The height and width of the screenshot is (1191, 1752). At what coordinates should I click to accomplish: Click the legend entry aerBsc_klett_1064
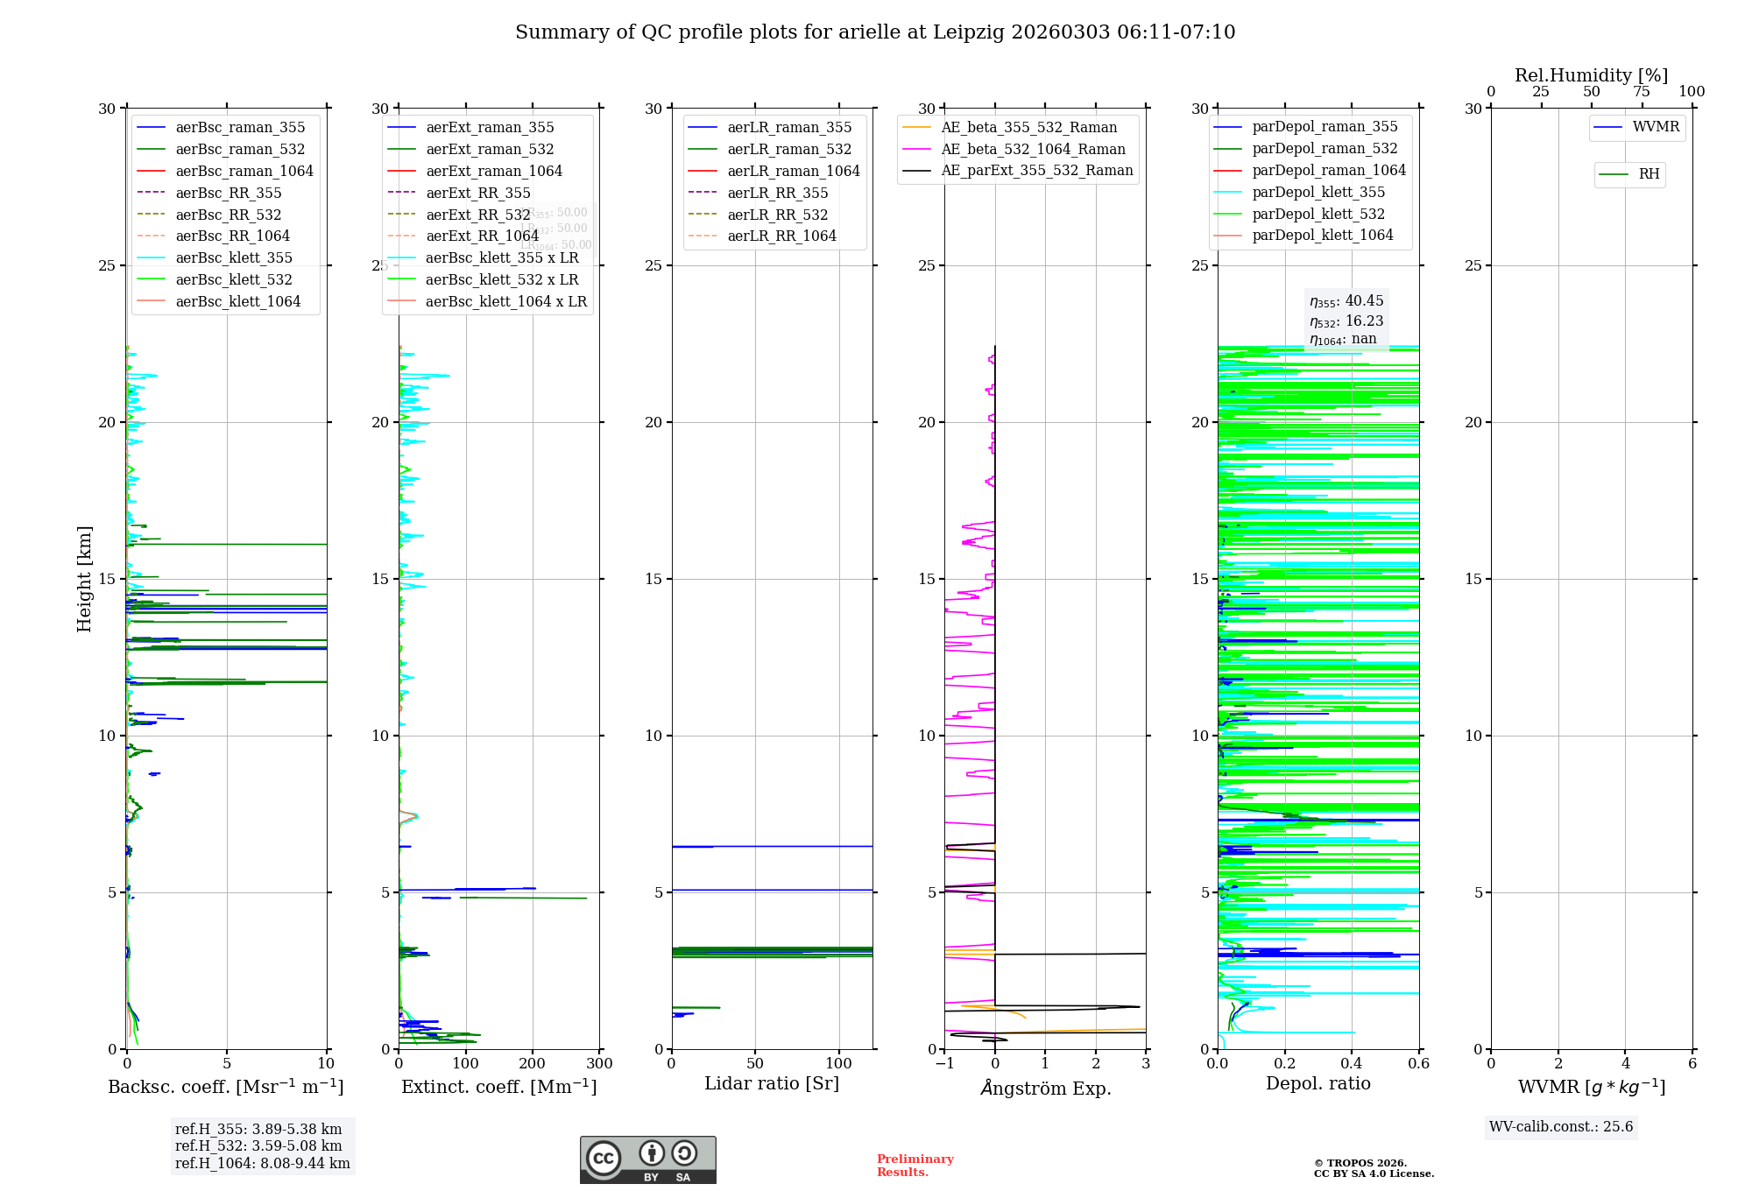click(237, 301)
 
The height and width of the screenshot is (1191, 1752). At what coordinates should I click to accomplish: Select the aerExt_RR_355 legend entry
click(477, 193)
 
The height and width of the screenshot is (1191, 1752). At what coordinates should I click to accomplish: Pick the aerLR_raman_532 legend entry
click(789, 149)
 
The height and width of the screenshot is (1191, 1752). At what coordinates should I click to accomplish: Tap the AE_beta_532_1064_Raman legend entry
click(1033, 149)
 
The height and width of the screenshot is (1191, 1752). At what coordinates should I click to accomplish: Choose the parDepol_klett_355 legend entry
click(1318, 192)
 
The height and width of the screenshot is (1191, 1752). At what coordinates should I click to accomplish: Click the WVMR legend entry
click(1656, 127)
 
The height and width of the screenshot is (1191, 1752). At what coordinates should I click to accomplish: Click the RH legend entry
click(1649, 174)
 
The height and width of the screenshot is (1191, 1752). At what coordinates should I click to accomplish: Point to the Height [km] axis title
click(84, 578)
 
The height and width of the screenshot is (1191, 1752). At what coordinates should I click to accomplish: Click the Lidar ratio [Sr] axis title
click(772, 1083)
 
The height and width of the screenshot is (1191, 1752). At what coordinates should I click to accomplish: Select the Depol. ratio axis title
click(1318, 1083)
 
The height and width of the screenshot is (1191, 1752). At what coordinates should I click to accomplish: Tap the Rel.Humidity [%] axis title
click(1591, 75)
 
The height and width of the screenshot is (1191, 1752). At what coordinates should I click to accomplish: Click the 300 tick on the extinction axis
click(600, 1063)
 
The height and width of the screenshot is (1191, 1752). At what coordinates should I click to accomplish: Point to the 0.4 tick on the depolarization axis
click(1352, 1063)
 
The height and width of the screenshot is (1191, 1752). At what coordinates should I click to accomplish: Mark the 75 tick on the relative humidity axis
click(1642, 92)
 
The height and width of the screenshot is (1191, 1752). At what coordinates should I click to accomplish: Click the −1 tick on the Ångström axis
click(944, 1063)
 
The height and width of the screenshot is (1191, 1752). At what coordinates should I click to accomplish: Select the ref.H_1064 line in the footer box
click(262, 1163)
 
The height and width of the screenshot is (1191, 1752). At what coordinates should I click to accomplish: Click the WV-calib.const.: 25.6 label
click(1561, 1126)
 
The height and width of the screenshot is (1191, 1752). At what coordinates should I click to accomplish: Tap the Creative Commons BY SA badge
click(647, 1159)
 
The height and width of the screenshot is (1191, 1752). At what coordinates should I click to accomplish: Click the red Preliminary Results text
click(915, 1165)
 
